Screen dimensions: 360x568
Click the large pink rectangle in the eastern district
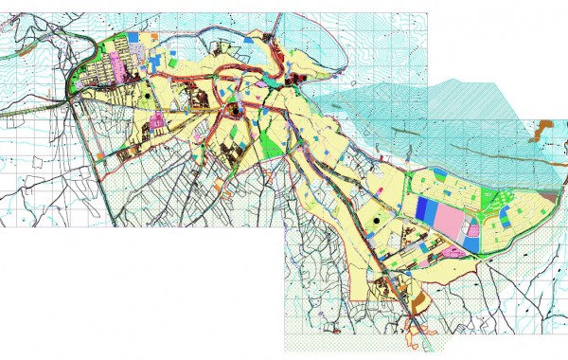pyautogui.click(x=447, y=217)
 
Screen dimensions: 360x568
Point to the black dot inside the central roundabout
pyautogui.click(x=231, y=113)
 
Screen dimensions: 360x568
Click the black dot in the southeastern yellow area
pyautogui.click(x=377, y=220)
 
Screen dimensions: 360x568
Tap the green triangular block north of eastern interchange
pyautogui.click(x=491, y=199)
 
